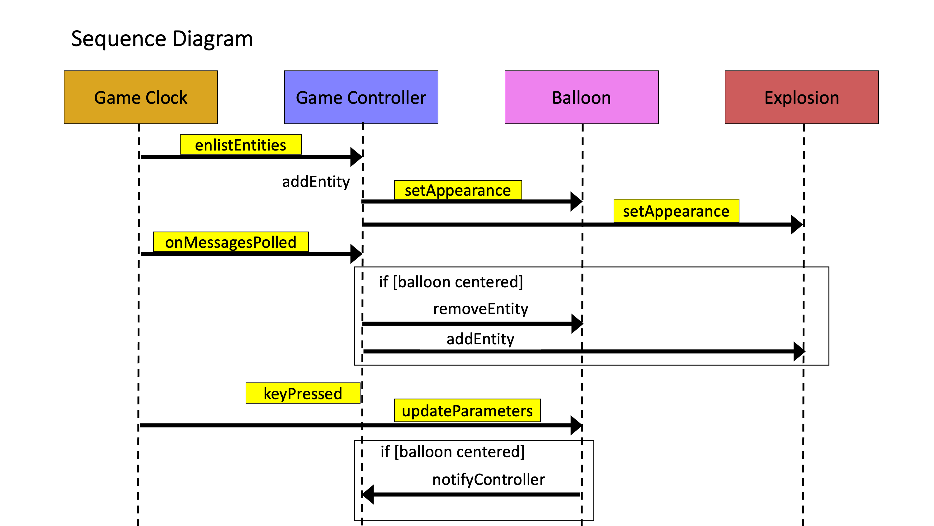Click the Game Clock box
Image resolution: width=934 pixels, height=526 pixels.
(x=141, y=97)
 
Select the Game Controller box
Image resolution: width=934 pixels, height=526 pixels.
(x=361, y=97)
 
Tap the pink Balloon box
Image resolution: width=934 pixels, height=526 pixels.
(x=581, y=97)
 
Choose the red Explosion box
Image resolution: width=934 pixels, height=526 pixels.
(x=801, y=97)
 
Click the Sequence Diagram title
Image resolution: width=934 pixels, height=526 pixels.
(x=162, y=39)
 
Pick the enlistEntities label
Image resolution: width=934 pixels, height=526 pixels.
(x=240, y=145)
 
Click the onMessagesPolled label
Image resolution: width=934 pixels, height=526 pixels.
(x=231, y=242)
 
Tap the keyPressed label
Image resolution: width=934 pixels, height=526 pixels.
(x=303, y=393)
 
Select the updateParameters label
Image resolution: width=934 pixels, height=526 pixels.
(x=467, y=411)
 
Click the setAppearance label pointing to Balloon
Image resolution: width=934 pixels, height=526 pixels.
(x=458, y=190)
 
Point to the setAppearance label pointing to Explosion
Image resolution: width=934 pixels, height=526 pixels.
(x=676, y=211)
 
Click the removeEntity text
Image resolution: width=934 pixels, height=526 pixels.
(x=480, y=309)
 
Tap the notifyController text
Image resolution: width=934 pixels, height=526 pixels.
(x=488, y=480)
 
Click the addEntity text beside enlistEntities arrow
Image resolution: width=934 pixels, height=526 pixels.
(x=316, y=181)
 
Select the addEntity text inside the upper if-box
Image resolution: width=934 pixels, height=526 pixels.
(x=480, y=339)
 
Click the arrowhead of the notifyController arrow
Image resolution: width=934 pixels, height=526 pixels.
(x=368, y=495)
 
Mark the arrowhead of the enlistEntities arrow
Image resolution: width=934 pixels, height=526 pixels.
(x=356, y=157)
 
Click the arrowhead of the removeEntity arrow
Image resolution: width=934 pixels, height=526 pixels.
(x=577, y=323)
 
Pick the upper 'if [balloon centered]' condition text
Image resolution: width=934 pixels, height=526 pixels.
(x=451, y=282)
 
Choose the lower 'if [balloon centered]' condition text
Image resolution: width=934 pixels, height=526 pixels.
(x=452, y=452)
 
